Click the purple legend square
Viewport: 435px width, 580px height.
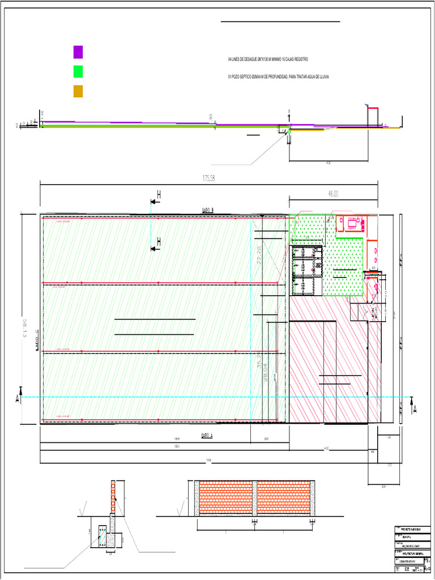[78, 52]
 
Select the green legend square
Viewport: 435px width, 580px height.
[78, 71]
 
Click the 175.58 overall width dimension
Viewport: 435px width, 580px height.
[210, 178]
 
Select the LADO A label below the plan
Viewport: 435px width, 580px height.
[207, 436]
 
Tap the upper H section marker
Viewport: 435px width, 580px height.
[158, 195]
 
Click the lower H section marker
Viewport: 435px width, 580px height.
[158, 242]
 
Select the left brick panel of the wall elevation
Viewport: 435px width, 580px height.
[225, 498]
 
